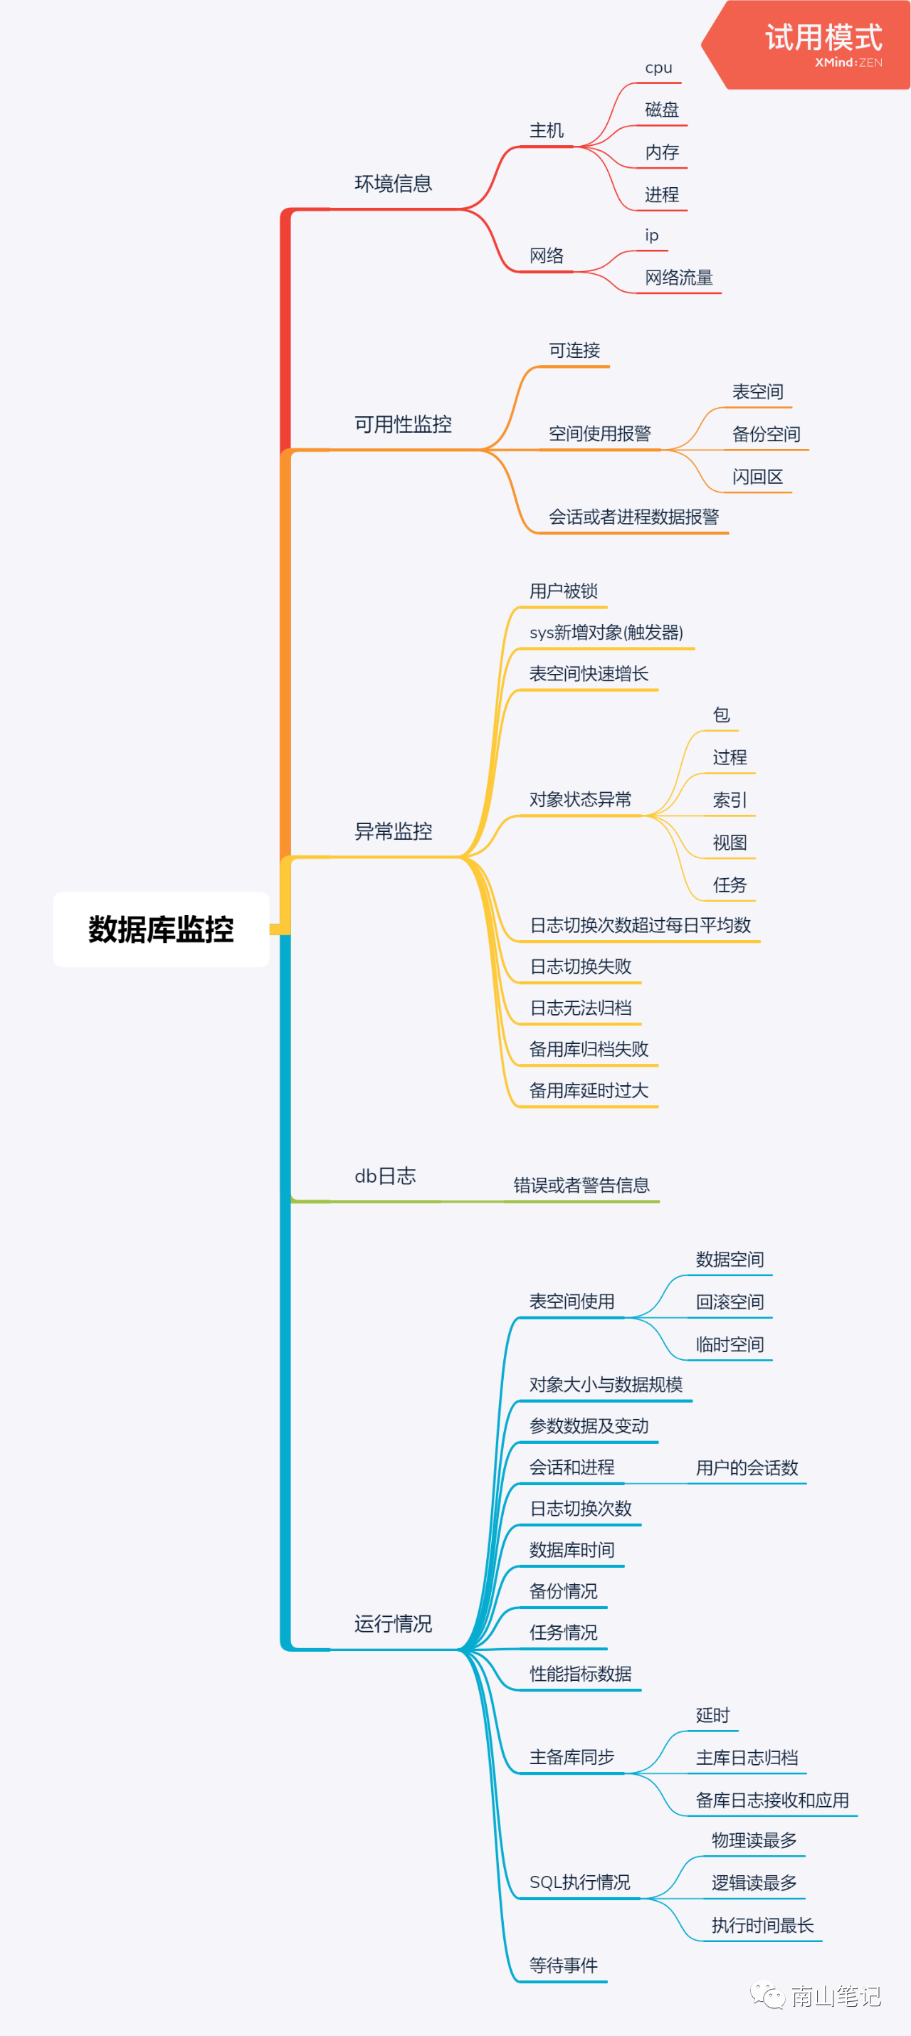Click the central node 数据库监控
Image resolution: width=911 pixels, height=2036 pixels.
pos(162,929)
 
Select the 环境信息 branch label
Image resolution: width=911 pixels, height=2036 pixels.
pos(393,184)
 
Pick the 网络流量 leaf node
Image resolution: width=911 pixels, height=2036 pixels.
pos(678,278)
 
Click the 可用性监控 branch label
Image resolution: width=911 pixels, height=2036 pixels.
pos(403,424)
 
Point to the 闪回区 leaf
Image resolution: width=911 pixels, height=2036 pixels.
pos(757,477)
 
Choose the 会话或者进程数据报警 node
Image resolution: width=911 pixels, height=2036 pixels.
pos(633,517)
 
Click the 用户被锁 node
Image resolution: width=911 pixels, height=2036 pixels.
pos(563,591)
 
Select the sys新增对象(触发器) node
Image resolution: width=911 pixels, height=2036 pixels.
pos(606,633)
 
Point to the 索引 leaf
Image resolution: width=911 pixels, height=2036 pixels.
pos(729,800)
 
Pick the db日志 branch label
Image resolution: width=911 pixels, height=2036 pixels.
pos(385,1176)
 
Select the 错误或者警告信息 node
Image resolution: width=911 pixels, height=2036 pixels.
pos(581,1186)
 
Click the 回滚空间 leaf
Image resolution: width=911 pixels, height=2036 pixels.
pos(729,1302)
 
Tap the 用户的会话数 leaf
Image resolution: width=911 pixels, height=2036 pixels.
pos(747,1467)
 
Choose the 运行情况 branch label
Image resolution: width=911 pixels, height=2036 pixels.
pos(393,1624)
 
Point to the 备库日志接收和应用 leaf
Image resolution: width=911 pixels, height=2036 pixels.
pos(772,1800)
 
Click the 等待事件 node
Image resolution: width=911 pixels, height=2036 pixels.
pos(563,1966)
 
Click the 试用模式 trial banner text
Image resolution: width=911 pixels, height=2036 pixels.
pos(823,38)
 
